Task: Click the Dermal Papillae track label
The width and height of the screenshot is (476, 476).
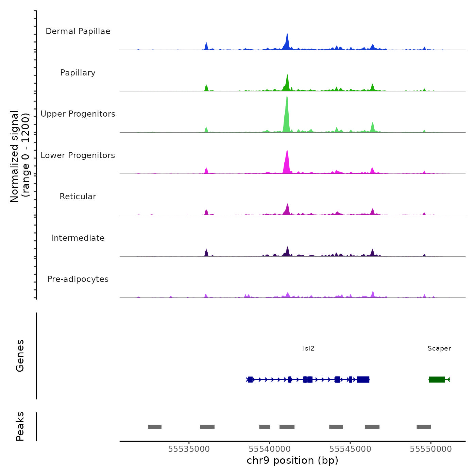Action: pos(78,31)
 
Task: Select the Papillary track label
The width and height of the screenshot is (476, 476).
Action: pos(78,73)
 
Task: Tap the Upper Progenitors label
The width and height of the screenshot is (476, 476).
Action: pos(78,114)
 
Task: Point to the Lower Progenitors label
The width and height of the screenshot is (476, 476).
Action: pos(78,155)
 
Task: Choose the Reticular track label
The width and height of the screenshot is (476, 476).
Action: pos(78,197)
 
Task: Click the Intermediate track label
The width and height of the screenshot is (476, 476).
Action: pos(78,238)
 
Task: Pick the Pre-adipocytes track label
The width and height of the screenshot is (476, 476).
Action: pos(78,279)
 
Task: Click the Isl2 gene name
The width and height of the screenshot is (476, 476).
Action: pos(309,348)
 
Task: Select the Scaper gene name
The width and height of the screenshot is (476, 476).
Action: pos(439,348)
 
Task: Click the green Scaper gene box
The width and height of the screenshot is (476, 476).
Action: pos(437,379)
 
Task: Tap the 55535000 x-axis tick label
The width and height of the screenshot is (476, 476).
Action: pos(189,449)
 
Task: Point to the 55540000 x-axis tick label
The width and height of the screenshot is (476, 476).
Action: pos(270,449)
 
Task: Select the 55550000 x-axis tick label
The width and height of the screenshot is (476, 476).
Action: pos(431,449)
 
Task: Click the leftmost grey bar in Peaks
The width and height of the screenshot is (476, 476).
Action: pos(155,427)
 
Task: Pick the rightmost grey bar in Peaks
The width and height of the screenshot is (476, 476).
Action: pos(424,427)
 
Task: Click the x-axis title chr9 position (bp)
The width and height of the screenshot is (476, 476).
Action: pos(292,461)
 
